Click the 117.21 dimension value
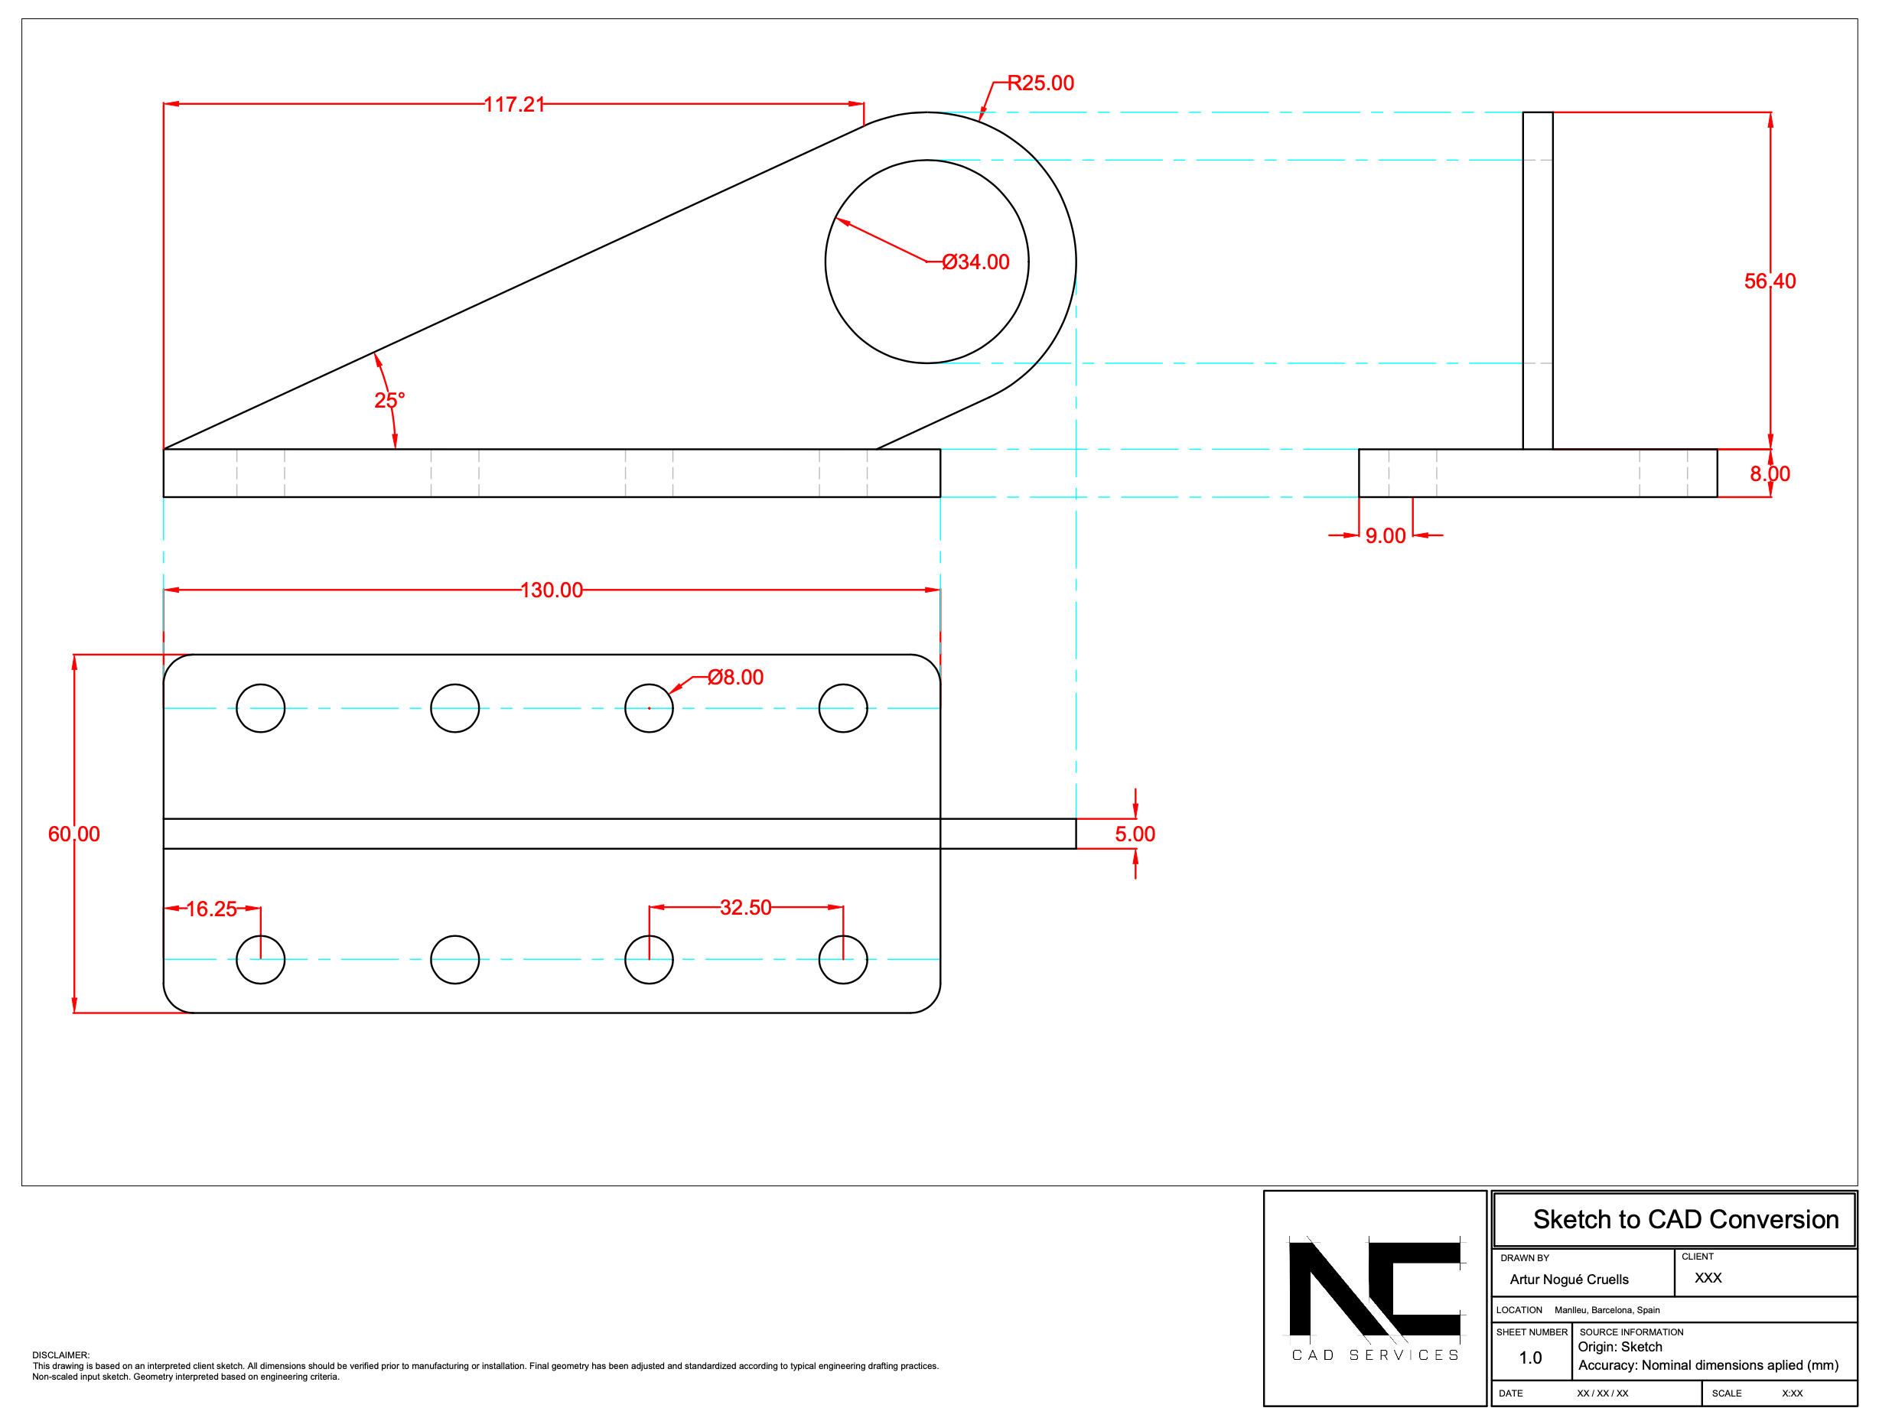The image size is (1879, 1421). [514, 105]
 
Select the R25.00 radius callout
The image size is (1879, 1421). [1040, 83]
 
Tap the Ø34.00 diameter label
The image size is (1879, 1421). [975, 262]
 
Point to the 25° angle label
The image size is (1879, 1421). [389, 400]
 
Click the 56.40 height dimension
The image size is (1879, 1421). [1770, 281]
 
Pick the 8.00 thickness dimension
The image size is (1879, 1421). [1770, 474]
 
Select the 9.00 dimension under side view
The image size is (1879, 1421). [1385, 536]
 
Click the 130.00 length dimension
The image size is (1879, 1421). [552, 590]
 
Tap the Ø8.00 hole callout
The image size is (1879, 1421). [736, 677]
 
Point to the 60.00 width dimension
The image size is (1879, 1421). [74, 834]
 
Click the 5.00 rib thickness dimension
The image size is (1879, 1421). [1135, 834]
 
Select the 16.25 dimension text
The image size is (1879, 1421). [211, 909]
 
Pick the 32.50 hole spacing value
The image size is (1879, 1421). [745, 907]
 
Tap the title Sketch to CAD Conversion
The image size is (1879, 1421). [1685, 1220]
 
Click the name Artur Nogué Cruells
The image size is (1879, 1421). [1569, 1280]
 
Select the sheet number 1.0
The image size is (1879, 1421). [1530, 1358]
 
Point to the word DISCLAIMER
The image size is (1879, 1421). [60, 1355]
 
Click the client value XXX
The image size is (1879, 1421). [1708, 1277]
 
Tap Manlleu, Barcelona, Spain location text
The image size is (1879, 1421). [1607, 1310]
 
